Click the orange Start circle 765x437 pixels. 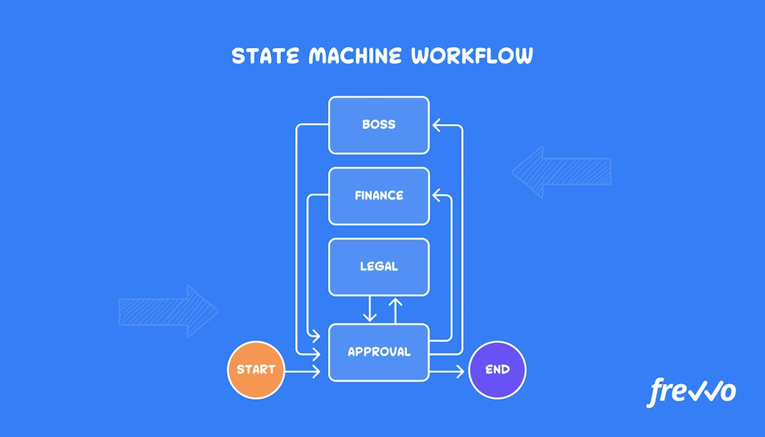pos(256,369)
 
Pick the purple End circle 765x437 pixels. pos(498,369)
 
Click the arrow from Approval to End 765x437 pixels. pos(448,370)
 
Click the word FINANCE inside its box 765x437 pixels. pos(379,196)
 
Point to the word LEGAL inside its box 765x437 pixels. pos(379,266)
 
